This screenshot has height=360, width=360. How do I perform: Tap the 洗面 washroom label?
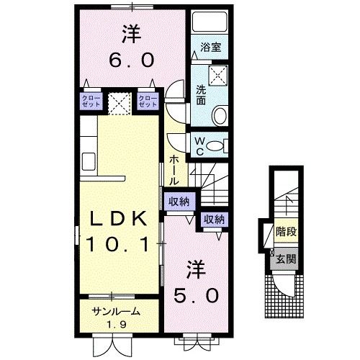click(203, 96)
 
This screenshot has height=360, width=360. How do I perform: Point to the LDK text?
click(120, 218)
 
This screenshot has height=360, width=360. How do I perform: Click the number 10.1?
click(120, 243)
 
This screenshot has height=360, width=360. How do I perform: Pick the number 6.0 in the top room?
click(131, 62)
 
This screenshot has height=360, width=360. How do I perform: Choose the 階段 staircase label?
click(286, 232)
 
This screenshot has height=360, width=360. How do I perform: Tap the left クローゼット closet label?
click(91, 101)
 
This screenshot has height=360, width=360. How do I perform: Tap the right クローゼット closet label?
click(148, 101)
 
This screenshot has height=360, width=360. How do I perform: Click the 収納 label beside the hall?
click(178, 202)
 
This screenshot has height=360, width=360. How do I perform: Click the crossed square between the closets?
click(120, 101)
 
